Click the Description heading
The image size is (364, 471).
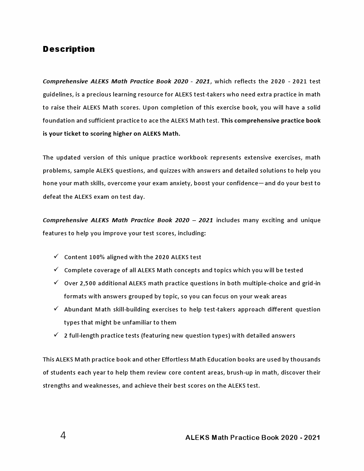pyautogui.click(x=68, y=49)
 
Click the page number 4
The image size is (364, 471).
pyautogui.click(x=63, y=435)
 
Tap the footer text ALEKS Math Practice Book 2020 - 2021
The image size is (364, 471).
pyautogui.click(x=253, y=437)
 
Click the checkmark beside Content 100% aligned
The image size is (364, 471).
pyautogui.click(x=56, y=256)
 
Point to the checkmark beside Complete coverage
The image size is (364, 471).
pyautogui.click(x=56, y=270)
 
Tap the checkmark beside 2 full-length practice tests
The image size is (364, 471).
pyautogui.click(x=56, y=335)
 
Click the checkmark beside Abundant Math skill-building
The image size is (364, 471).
pyautogui.click(x=56, y=309)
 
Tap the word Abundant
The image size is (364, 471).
pyautogui.click(x=77, y=309)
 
